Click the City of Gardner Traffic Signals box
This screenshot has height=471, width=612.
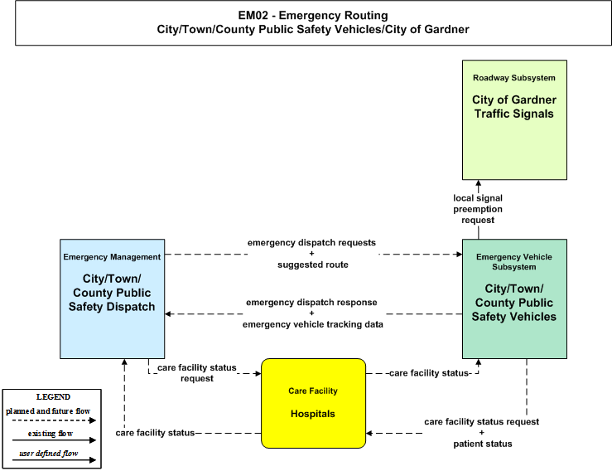click(514, 120)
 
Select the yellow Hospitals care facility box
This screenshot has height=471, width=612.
click(313, 403)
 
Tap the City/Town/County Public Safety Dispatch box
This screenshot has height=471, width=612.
click(112, 299)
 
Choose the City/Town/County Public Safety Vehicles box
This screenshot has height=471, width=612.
click(514, 299)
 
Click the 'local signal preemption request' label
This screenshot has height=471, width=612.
click(478, 209)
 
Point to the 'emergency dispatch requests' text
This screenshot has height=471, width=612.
click(311, 243)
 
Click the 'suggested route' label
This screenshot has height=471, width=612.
click(313, 265)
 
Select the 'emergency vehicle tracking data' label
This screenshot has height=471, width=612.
click(313, 324)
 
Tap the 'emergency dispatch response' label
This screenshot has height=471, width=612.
click(311, 302)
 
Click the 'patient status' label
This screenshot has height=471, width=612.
click(483, 444)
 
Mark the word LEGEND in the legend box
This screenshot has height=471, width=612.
click(53, 396)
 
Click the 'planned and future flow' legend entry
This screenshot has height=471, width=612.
click(48, 410)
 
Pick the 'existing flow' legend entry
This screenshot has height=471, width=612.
click(51, 433)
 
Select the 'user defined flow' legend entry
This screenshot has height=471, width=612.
click(49, 453)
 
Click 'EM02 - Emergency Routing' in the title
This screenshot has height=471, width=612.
click(313, 15)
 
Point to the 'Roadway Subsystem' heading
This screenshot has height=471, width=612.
click(514, 78)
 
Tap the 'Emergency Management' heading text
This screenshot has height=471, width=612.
click(112, 257)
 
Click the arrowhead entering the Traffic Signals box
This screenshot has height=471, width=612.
click(479, 183)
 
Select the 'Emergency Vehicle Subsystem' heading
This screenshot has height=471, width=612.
click(514, 262)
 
